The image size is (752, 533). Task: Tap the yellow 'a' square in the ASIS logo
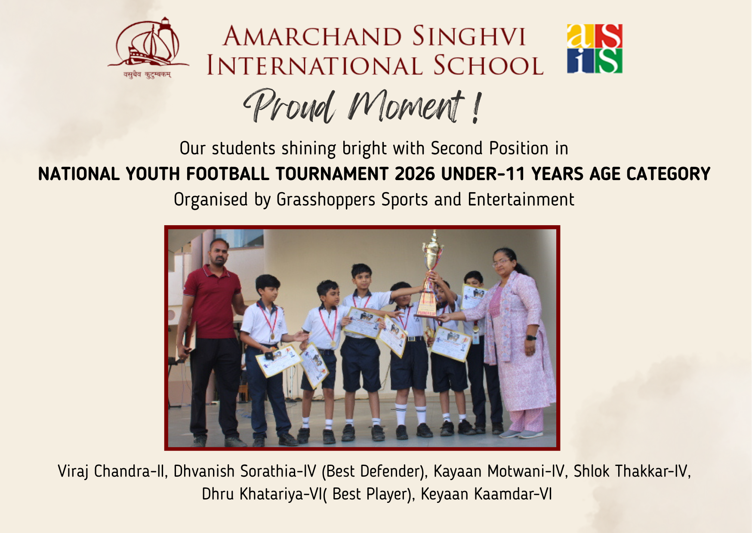[x=580, y=36]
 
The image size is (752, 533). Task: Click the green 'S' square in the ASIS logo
[x=609, y=61]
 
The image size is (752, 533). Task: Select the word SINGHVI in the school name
[x=469, y=36]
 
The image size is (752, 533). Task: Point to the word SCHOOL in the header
[x=488, y=65]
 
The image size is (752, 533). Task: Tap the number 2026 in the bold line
[x=415, y=174]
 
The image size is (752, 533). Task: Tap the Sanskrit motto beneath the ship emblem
[x=148, y=75]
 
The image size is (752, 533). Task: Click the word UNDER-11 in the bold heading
[x=483, y=174]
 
